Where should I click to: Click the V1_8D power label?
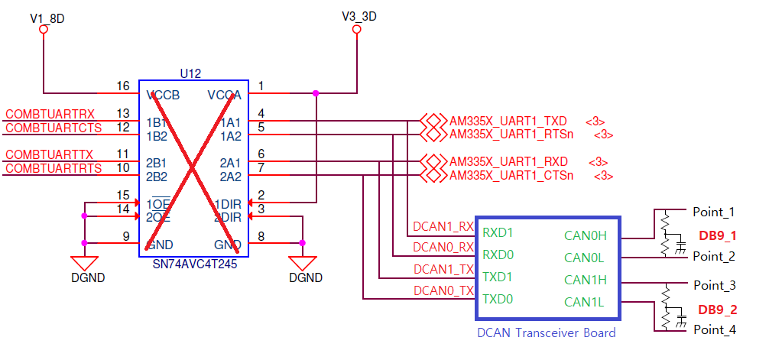tap(47, 17)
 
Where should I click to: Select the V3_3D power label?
tap(359, 15)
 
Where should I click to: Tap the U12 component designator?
tap(190, 73)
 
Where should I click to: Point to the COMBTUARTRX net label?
tap(50, 114)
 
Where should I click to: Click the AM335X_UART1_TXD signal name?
tap(508, 121)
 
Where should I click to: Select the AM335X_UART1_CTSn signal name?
tap(511, 175)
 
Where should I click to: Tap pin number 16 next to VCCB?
tap(123, 86)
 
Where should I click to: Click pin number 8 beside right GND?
tap(261, 236)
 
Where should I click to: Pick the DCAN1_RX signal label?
tap(443, 227)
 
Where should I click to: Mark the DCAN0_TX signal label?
tap(443, 290)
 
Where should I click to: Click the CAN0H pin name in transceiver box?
tap(585, 236)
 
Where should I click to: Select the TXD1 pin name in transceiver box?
tap(498, 276)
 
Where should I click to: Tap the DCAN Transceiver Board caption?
tap(546, 332)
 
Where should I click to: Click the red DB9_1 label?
tap(717, 235)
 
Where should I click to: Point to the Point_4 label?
tap(714, 330)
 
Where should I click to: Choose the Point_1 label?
tap(713, 212)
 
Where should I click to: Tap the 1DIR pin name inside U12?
tap(227, 203)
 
